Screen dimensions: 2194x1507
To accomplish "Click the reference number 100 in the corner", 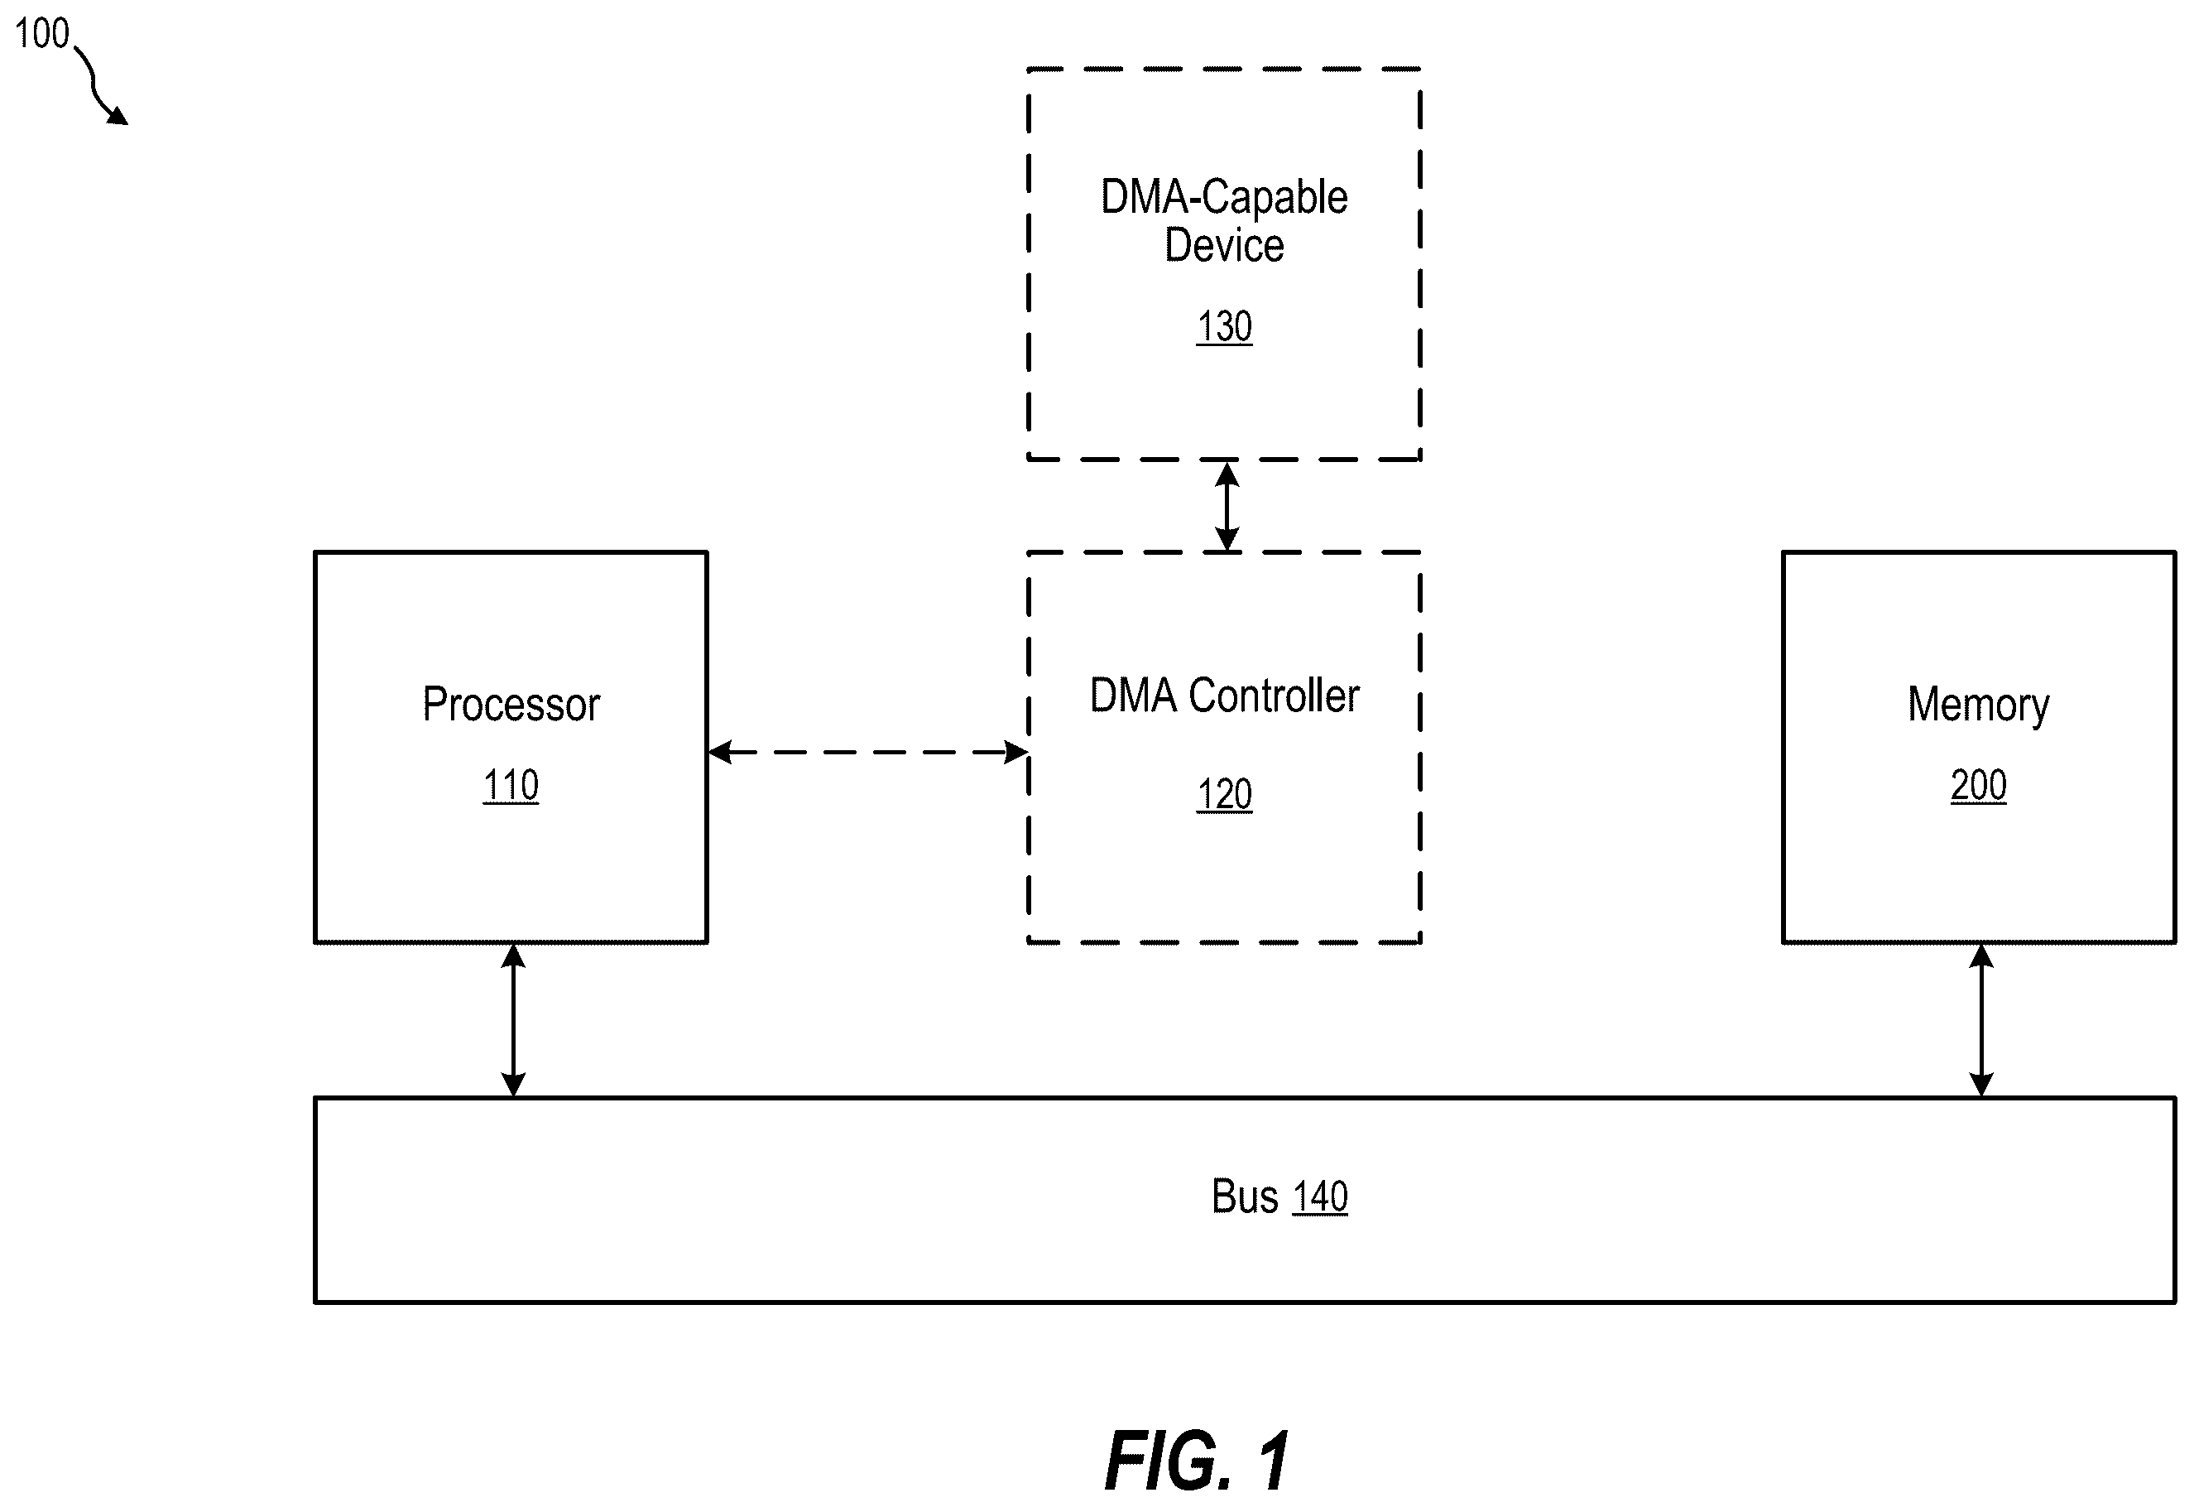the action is tap(42, 34).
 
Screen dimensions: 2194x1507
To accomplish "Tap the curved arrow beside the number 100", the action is tap(97, 83).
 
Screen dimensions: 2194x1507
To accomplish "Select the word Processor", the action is tap(511, 705).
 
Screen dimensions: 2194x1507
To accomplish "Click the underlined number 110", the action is tap(511, 786).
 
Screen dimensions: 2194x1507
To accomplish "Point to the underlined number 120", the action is tap(1224, 795).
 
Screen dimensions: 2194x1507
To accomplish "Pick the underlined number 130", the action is tap(1224, 327).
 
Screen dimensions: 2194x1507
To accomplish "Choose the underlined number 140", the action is tap(1320, 1197).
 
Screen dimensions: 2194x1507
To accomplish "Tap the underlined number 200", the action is tap(1979, 786).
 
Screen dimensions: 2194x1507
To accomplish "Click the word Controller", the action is tap(1274, 696).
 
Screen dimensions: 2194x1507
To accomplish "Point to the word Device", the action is tap(1224, 245).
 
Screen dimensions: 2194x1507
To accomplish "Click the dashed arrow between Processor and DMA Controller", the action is tap(867, 753).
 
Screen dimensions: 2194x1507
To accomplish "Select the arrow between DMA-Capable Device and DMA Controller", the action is tap(1227, 506).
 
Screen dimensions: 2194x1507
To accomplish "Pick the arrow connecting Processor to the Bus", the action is tap(512, 1020).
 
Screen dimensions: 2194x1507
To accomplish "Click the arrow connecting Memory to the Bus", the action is tap(1980, 1020).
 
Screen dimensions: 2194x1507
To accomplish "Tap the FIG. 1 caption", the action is tap(1197, 1461).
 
